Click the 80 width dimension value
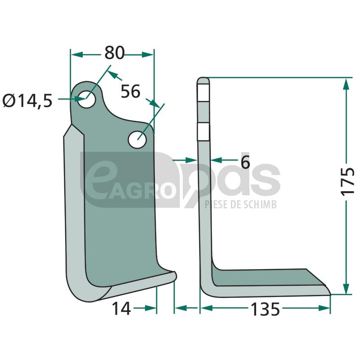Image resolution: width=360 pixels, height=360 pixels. click(114, 53)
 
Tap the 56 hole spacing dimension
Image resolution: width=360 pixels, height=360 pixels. click(130, 91)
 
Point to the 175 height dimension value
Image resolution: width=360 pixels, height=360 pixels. click(347, 182)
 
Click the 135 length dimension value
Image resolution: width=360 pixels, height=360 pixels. click(265, 309)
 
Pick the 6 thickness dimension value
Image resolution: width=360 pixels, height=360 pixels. click(245, 162)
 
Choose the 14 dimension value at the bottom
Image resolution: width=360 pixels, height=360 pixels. click(121, 309)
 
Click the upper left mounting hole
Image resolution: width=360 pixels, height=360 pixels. click(86, 99)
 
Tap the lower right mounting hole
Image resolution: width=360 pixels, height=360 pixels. click(137, 139)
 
